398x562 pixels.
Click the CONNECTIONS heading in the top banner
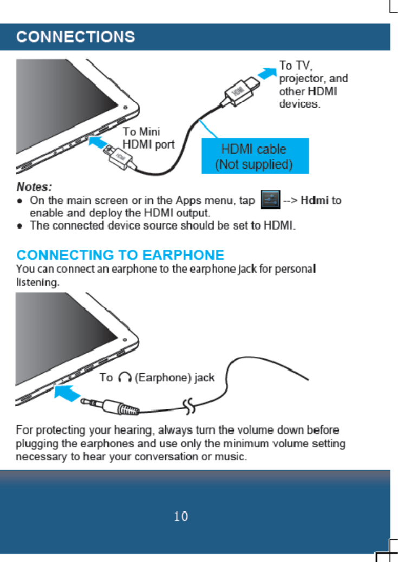pos(75,37)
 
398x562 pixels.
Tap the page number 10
pos(181,517)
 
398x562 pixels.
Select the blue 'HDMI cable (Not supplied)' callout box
pos(255,156)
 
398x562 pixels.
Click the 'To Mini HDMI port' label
pos(148,138)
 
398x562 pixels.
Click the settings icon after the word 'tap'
pos(270,200)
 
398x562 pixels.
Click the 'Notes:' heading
pos(34,187)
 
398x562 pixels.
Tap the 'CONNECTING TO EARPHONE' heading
pos(120,255)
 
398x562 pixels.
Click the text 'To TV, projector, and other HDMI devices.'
pos(312,84)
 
